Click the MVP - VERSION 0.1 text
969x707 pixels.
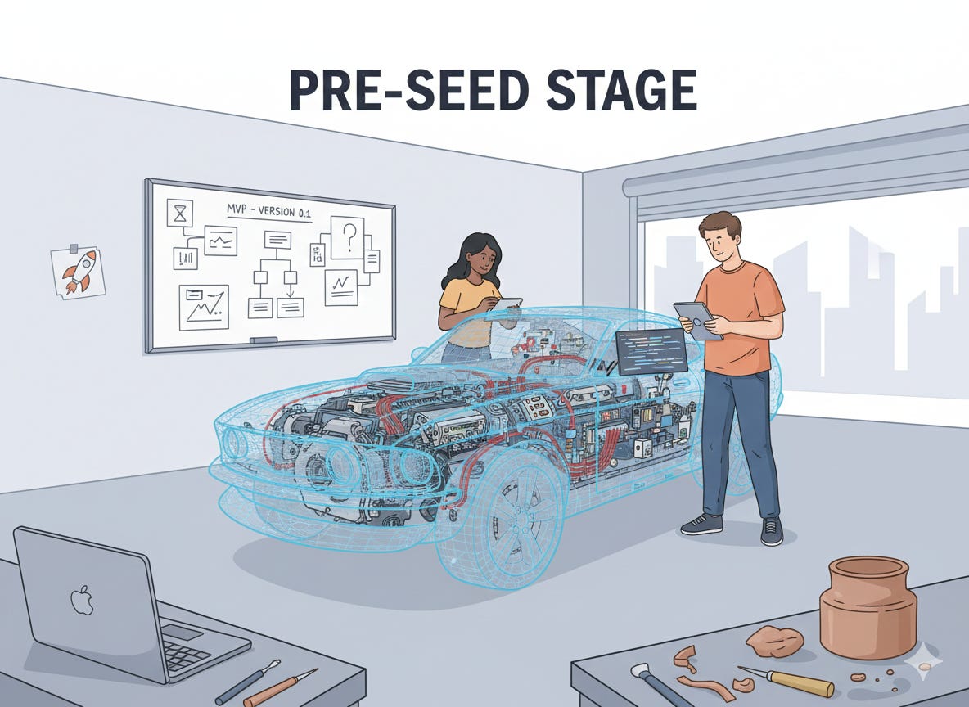[269, 211]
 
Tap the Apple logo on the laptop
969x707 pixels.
[81, 601]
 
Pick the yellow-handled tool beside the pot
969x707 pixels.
[786, 681]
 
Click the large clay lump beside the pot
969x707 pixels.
[774, 641]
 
